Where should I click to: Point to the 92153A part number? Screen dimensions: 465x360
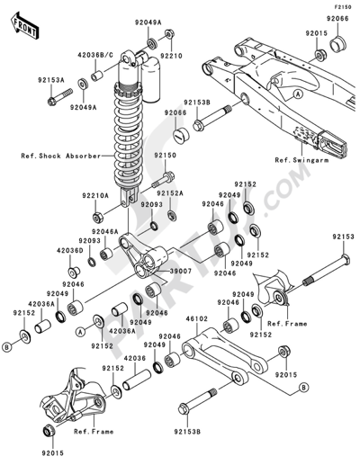[52, 79]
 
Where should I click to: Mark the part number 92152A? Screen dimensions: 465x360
[169, 192]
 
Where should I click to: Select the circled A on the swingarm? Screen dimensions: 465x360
[298, 93]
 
